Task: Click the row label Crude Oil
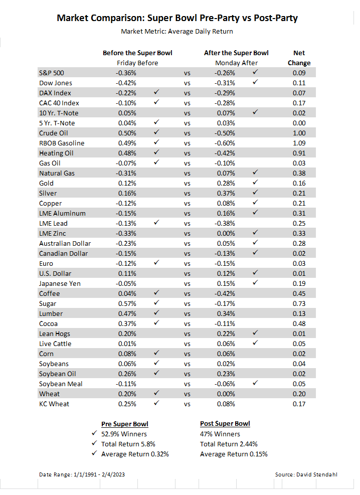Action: click(x=53, y=133)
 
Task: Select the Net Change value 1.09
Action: click(x=299, y=143)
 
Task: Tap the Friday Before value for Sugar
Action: click(x=127, y=303)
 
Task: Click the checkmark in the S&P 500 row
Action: click(x=256, y=72)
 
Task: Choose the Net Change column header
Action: click(x=299, y=58)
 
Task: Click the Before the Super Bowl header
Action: click(x=137, y=53)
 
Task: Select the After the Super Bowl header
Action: click(x=236, y=53)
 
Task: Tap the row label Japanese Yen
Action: click(x=60, y=283)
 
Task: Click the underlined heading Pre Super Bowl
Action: click(x=125, y=424)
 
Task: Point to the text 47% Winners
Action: click(x=220, y=434)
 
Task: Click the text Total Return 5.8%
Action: click(x=128, y=444)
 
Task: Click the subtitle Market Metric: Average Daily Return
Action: click(x=177, y=31)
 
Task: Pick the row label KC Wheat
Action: click(x=54, y=404)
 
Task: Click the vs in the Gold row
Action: click(x=187, y=183)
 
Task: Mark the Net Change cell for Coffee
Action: click(x=299, y=293)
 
